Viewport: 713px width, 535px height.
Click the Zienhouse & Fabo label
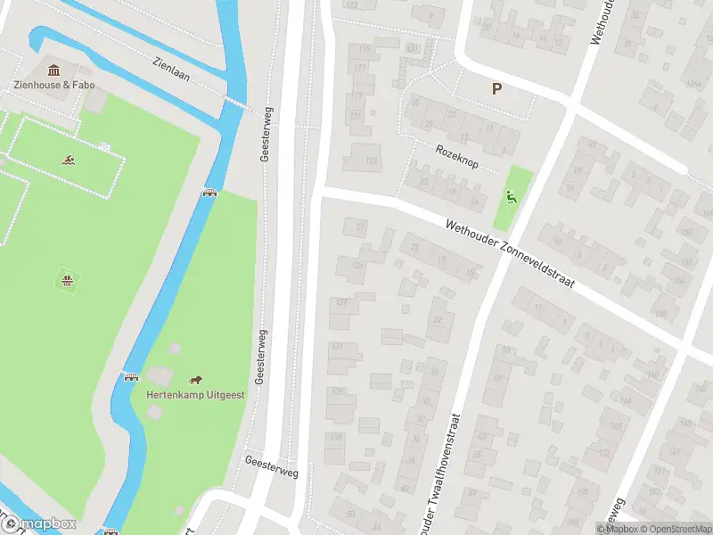tap(53, 86)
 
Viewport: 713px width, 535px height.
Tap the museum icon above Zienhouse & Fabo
tap(53, 70)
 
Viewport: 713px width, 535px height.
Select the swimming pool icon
tap(69, 160)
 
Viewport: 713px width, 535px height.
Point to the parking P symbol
tap(496, 88)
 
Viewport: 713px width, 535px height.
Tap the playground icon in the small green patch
tap(511, 197)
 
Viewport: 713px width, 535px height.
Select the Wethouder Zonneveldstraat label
tap(511, 252)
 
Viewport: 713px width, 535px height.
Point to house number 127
tap(340, 303)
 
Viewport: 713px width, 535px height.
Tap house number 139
tap(335, 437)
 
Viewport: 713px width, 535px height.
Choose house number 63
tap(507, 349)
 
